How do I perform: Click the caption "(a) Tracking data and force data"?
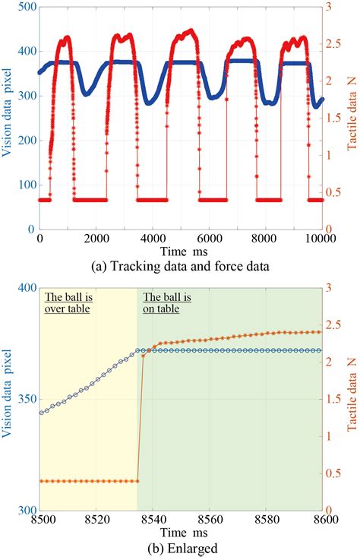[x=181, y=266]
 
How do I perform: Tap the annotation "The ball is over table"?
[x=68, y=303]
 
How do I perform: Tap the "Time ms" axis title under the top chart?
[x=181, y=251]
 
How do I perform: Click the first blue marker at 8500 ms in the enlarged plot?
[x=40, y=413]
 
